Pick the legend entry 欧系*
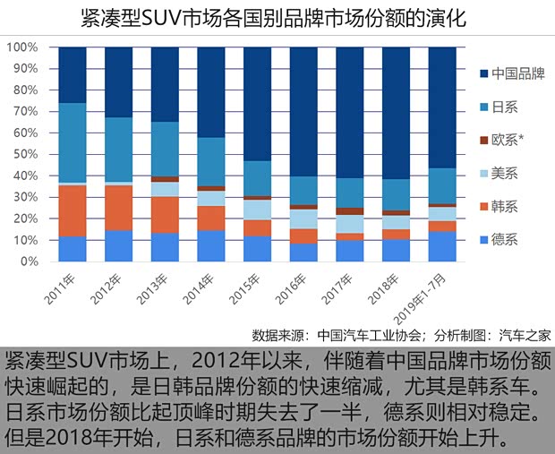(x=508, y=140)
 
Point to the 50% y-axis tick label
(x=25, y=154)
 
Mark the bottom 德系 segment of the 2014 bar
(x=211, y=246)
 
